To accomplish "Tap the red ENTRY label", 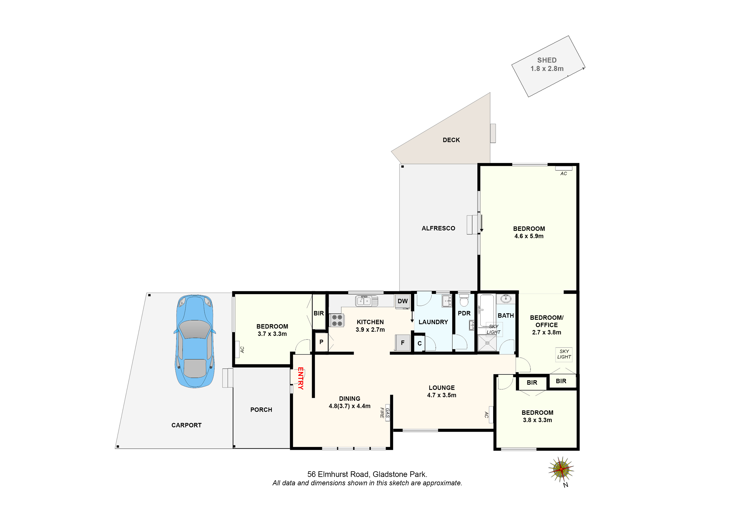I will [x=300, y=378].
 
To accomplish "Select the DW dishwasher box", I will [x=403, y=301].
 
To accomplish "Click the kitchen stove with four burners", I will [x=337, y=320].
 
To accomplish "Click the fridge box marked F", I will [x=403, y=343].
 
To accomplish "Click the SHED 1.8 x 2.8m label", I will [x=547, y=64].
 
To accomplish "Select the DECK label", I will [x=451, y=140].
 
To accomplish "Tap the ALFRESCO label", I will [x=438, y=228].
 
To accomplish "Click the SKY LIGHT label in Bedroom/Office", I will [x=564, y=354].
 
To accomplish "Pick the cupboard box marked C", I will [x=420, y=343].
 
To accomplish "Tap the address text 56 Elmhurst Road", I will [x=367, y=474].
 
